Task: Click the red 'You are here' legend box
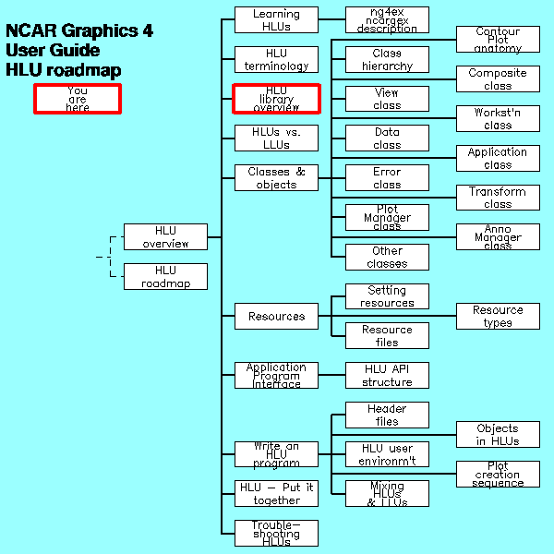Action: pyautogui.click(x=78, y=99)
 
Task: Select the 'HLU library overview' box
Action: pyautogui.click(x=276, y=99)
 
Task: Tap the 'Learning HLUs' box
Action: pyautogui.click(x=276, y=20)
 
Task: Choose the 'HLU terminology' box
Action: pyautogui.click(x=276, y=59)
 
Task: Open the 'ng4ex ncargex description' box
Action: pyautogui.click(x=387, y=20)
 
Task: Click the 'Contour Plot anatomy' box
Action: pyautogui.click(x=498, y=40)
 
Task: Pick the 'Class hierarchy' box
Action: pyautogui.click(x=387, y=59)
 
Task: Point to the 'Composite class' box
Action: pyautogui.click(x=498, y=79)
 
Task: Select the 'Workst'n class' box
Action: pyautogui.click(x=498, y=118)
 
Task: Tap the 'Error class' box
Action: pyautogui.click(x=387, y=177)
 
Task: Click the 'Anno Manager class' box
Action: pyautogui.click(x=498, y=236)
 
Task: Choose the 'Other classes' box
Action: pyautogui.click(x=387, y=257)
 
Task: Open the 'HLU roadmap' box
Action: pyautogui.click(x=166, y=277)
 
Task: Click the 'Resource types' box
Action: pyautogui.click(x=498, y=316)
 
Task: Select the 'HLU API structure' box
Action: pyautogui.click(x=387, y=375)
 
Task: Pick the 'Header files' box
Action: pyautogui.click(x=387, y=415)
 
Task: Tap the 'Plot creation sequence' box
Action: pyautogui.click(x=498, y=474)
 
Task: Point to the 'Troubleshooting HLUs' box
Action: pyautogui.click(x=276, y=533)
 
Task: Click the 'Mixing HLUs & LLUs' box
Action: pyautogui.click(x=387, y=493)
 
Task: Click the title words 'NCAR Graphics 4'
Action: pyautogui.click(x=79, y=31)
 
